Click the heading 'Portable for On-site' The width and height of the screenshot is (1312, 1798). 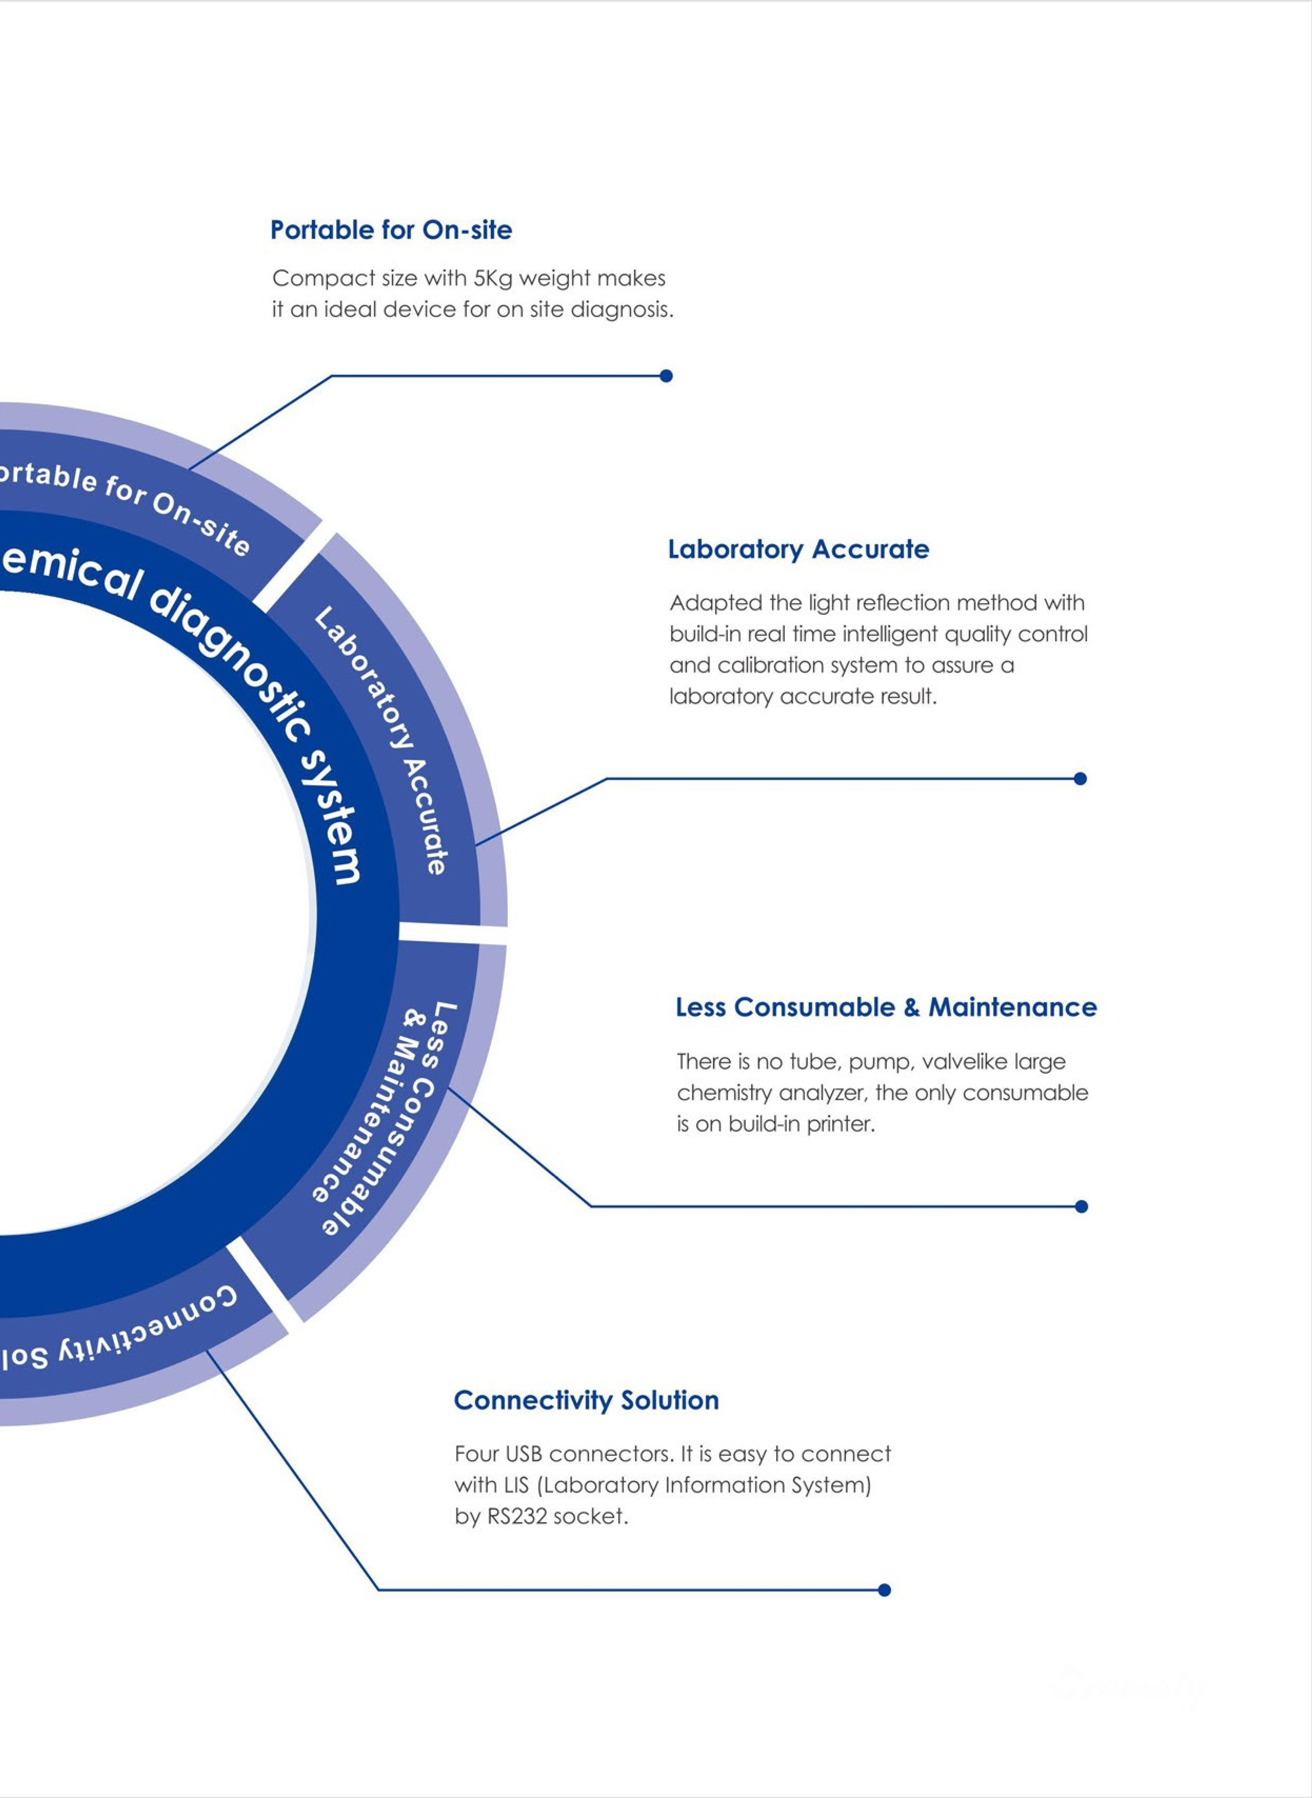[391, 230]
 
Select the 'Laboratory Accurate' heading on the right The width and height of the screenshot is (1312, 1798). [798, 550]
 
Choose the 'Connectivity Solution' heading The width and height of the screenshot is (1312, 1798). [586, 1400]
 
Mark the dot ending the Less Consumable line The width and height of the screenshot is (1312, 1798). [1081, 1206]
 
